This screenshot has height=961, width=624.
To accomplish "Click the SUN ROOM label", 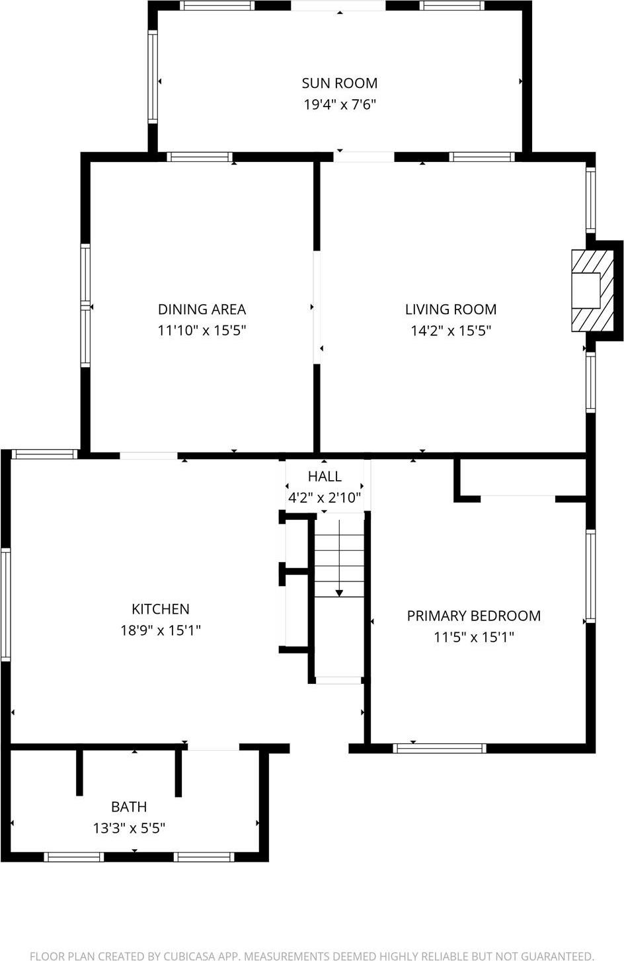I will click(x=339, y=83).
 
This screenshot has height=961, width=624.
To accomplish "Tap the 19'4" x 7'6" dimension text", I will click(x=339, y=104).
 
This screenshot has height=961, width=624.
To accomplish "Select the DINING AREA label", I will click(x=202, y=310).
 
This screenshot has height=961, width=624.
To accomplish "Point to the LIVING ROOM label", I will click(x=450, y=310).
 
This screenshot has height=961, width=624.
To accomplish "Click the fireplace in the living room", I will click(x=586, y=290).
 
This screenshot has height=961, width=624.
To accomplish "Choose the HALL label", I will click(x=325, y=476).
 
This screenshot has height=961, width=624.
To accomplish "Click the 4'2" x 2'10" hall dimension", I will click(x=325, y=497).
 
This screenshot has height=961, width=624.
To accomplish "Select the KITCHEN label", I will click(x=161, y=609).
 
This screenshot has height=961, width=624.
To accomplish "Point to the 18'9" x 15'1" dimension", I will click(x=161, y=630).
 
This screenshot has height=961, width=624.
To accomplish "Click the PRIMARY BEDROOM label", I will click(x=473, y=616).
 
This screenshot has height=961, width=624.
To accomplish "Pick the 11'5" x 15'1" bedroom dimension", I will click(x=473, y=637).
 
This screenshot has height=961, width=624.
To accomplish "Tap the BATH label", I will click(x=129, y=807).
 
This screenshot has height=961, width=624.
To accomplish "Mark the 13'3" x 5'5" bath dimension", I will click(x=129, y=828).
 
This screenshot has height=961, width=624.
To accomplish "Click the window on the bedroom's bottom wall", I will click(x=440, y=749).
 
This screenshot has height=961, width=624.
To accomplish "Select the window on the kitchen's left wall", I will click(x=6, y=605).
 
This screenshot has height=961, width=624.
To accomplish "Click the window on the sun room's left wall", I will click(x=153, y=76).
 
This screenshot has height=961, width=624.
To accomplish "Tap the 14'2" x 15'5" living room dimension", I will click(x=450, y=331).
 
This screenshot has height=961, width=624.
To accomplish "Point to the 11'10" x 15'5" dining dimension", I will click(x=202, y=331).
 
